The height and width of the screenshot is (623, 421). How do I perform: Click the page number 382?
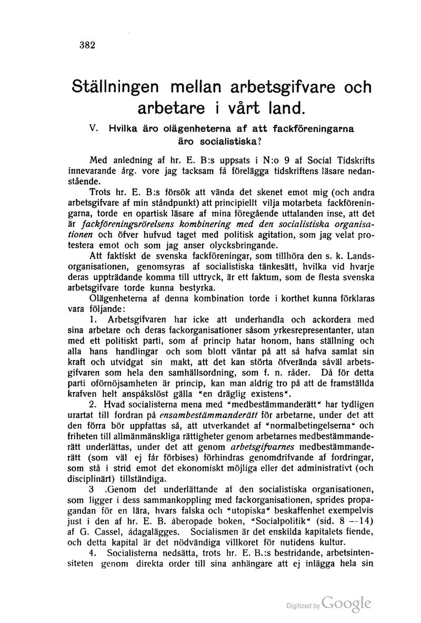pyautogui.click(x=84, y=45)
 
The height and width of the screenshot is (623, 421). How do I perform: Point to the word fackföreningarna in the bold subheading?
pyautogui.click(x=313, y=128)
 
